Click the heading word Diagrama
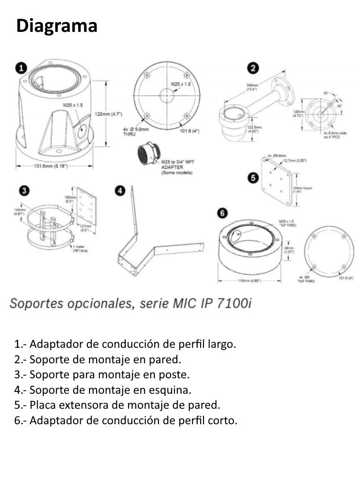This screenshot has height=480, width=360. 57,26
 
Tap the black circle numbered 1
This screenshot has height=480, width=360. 21,68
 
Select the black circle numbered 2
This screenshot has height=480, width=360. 253,68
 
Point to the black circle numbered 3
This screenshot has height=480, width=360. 25,190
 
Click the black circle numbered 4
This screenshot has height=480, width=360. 120,190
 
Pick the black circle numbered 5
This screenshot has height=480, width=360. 253,178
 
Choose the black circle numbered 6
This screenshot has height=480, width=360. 223,213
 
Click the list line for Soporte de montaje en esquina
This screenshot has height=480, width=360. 103,390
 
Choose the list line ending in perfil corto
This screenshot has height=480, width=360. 126,420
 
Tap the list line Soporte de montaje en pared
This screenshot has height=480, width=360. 97,360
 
